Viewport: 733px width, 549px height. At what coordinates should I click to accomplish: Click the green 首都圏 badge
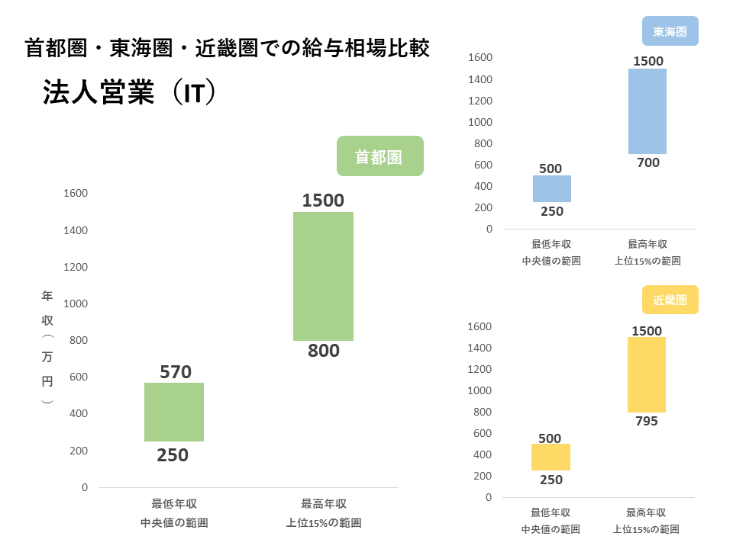click(379, 156)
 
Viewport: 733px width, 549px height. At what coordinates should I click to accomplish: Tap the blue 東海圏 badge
click(670, 32)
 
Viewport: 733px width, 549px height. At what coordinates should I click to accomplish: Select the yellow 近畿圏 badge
click(670, 300)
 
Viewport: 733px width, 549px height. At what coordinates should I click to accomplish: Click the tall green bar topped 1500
click(323, 276)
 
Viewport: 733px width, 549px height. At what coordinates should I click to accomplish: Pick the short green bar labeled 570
click(174, 412)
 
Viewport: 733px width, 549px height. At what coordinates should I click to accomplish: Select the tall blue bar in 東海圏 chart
click(647, 111)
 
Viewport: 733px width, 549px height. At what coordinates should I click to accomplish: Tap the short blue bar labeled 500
click(551, 188)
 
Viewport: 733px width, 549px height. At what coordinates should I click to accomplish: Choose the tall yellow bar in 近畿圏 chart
click(647, 374)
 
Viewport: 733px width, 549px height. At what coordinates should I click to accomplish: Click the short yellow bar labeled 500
click(551, 457)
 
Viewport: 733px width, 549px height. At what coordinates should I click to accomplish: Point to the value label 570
click(176, 372)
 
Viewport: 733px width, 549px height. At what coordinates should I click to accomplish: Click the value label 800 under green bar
click(324, 352)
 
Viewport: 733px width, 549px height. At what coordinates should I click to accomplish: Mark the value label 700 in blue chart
click(647, 162)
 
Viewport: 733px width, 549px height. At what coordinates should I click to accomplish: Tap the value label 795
click(647, 421)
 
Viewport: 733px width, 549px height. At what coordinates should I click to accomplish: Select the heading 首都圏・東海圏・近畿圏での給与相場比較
click(228, 48)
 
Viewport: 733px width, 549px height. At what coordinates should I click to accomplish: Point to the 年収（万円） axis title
click(47, 347)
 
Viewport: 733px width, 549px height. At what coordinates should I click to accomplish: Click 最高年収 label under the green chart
click(324, 504)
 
